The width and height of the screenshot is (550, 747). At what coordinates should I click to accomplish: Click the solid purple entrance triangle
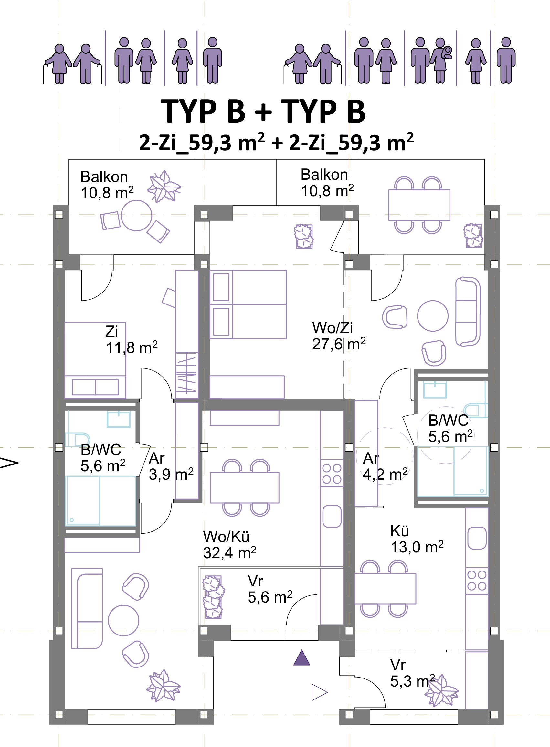[301, 658]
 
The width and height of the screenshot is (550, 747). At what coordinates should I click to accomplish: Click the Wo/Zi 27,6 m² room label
[339, 336]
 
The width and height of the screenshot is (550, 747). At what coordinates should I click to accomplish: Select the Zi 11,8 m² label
[132, 339]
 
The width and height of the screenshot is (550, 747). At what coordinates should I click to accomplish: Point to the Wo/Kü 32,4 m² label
[230, 545]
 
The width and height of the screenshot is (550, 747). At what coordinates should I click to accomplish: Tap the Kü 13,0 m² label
[417, 539]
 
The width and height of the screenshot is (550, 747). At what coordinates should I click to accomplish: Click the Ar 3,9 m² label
[171, 466]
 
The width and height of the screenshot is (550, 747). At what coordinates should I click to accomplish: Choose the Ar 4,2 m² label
[385, 466]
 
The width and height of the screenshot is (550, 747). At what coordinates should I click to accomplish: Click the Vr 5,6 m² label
[270, 589]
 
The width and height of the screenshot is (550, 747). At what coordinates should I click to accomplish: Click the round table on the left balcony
[136, 216]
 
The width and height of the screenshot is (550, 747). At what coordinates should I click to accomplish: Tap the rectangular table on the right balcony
[419, 205]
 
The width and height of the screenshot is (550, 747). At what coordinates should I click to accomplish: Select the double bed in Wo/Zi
[248, 304]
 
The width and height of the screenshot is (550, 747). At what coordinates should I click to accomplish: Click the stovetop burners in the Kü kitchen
[477, 581]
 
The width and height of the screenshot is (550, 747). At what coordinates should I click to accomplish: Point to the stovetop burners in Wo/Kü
[332, 473]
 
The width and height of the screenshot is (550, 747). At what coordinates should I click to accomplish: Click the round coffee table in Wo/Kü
[123, 620]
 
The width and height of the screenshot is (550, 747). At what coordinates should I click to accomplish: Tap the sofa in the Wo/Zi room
[467, 311]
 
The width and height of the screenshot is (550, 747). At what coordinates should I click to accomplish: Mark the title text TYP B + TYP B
[263, 111]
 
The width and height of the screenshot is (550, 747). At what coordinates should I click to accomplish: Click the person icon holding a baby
[440, 60]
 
